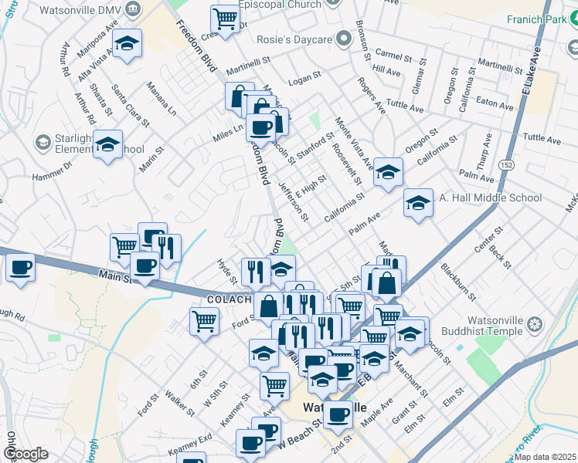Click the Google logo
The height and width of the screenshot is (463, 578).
coord(25,454)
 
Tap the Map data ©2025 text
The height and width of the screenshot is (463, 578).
coord(546,457)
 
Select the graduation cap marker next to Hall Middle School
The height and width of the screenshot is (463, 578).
coord(418,203)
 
